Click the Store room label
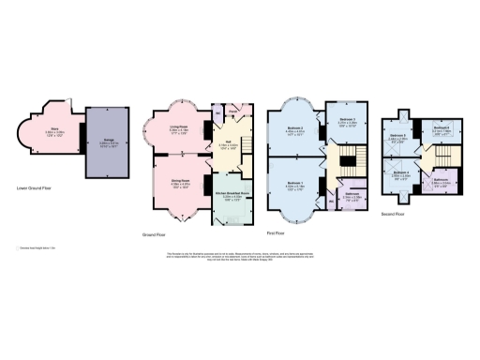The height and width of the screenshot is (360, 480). tap(54, 130)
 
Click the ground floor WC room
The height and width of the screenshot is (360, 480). tap(219, 116)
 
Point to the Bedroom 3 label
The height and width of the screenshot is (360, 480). tap(346, 120)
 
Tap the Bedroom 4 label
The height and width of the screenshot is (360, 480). tap(400, 174)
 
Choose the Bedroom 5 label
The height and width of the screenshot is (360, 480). tap(397, 137)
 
